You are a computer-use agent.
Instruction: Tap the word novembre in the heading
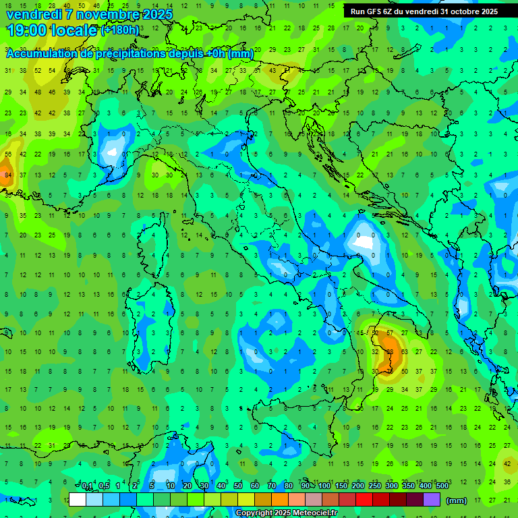click(x=109, y=14)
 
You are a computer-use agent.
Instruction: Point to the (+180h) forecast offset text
click(x=120, y=30)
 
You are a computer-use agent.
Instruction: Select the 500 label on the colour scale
click(x=442, y=486)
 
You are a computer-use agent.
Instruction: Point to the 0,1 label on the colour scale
click(x=87, y=486)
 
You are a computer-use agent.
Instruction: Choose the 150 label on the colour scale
click(x=341, y=486)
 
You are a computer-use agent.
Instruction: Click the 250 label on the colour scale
click(x=375, y=486)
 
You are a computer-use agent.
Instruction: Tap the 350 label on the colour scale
click(x=409, y=486)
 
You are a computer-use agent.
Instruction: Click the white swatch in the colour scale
click(x=78, y=499)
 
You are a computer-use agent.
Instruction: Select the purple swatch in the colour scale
click(x=432, y=499)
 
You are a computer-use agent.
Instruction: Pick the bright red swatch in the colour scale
click(x=364, y=499)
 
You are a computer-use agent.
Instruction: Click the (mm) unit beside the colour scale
click(x=457, y=500)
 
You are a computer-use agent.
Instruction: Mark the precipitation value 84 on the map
click(x=7, y=175)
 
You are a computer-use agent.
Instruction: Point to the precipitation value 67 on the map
click(x=389, y=333)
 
